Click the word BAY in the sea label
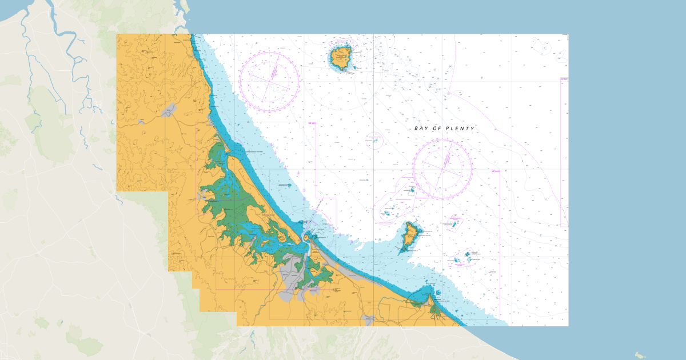(422, 129)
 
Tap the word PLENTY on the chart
(460, 129)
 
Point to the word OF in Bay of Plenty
(438, 129)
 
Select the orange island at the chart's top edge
(341, 58)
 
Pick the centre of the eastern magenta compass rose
(443, 167)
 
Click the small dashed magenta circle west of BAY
(374, 139)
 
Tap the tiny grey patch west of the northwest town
(141, 122)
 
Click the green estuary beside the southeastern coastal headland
(436, 310)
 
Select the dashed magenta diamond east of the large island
(454, 222)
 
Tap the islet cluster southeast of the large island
(470, 256)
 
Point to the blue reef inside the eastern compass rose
(411, 190)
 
